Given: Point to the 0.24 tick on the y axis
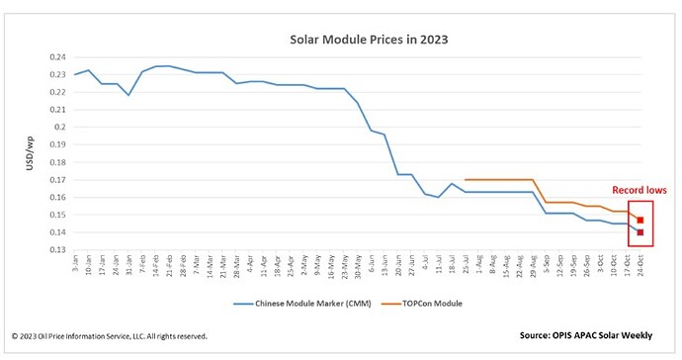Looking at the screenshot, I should [56, 57].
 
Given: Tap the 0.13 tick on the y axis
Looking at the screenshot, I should [56, 250].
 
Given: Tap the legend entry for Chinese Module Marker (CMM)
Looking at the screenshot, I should [309, 304].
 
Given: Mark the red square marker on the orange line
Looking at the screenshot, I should [640, 221].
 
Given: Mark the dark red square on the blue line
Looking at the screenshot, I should [640, 232].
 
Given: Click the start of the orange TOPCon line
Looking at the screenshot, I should [465, 180].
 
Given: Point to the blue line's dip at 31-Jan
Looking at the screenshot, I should [128, 95].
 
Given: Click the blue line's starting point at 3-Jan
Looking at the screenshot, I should [75, 75].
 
